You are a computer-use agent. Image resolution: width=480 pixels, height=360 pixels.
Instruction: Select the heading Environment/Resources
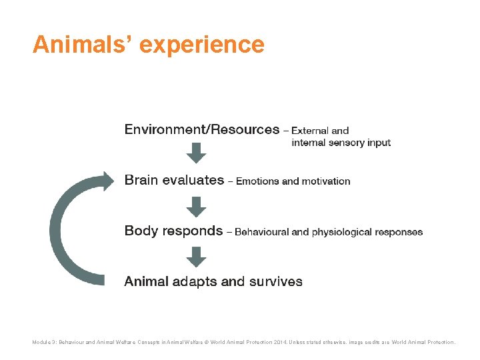(202, 129)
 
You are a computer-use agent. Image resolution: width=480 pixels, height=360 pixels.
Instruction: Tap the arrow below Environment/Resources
(196, 153)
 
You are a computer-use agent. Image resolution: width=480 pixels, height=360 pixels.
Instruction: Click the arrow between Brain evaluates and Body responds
(196, 205)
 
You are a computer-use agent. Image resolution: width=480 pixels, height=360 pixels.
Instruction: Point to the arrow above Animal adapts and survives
(196, 257)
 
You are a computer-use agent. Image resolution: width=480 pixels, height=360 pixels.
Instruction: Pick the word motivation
(325, 181)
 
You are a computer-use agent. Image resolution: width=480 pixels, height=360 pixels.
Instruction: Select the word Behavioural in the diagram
(262, 232)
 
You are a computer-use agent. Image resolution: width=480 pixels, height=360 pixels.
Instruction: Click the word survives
(275, 281)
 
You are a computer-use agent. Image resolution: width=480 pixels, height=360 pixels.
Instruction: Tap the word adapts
(195, 281)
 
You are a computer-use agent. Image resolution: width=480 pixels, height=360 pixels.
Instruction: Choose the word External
(311, 131)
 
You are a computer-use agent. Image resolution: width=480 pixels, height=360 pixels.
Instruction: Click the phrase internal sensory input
(341, 142)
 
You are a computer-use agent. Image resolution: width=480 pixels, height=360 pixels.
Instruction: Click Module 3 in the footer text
(44, 342)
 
